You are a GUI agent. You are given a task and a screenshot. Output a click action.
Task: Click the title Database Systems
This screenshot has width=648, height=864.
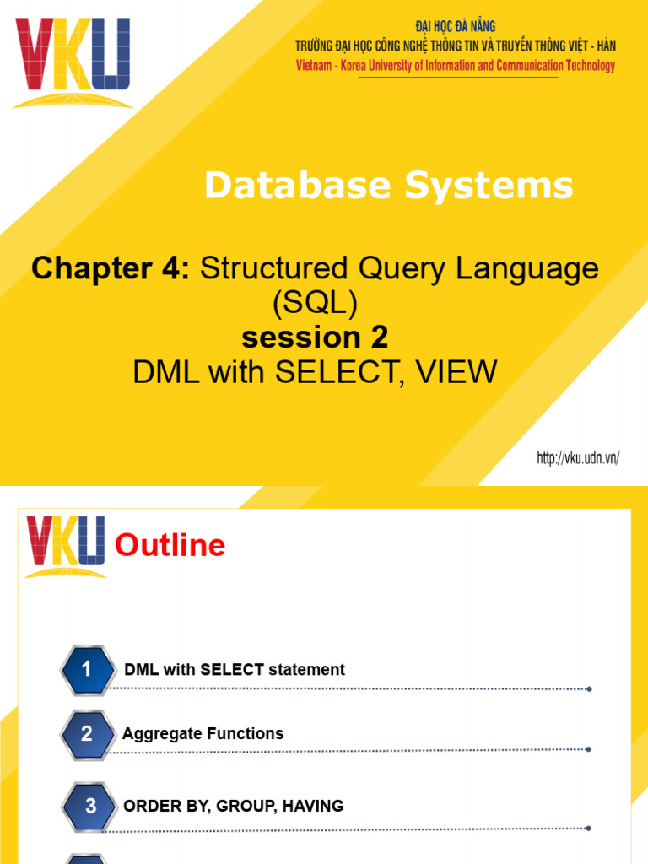point(388,186)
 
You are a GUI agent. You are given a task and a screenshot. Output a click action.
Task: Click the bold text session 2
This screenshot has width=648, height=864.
point(315,337)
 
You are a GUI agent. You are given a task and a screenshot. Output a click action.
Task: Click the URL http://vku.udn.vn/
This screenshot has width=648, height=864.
point(579,458)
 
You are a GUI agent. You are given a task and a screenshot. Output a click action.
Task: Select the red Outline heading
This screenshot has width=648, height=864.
point(170,546)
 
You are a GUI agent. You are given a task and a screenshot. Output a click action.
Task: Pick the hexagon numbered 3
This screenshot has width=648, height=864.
point(91,807)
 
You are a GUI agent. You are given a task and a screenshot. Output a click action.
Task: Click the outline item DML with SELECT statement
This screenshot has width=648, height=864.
point(235,670)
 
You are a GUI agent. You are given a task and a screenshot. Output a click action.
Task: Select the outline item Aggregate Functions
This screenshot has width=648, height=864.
point(202,734)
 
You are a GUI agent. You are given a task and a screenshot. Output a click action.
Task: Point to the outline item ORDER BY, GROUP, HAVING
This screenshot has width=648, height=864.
point(234,807)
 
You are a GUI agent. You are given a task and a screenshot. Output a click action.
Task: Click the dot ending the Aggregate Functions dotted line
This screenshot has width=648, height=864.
point(589,749)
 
